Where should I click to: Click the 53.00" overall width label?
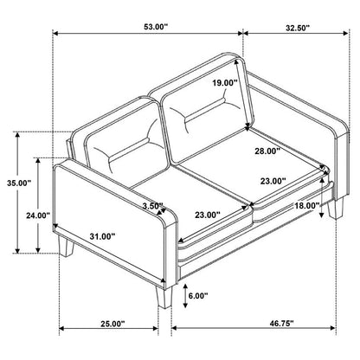pos(156,27)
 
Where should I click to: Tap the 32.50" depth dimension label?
pos(298,28)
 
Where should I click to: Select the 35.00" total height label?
pos(19,183)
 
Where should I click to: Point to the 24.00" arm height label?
pos(38,215)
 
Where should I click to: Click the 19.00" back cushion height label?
pos(225,83)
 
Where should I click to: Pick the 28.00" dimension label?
pos(267,151)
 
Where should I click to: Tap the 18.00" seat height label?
pos(306,206)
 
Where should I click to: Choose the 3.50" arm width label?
pos(153,206)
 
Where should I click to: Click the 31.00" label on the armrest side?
pos(102,236)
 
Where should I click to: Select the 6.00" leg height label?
pos(198,296)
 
